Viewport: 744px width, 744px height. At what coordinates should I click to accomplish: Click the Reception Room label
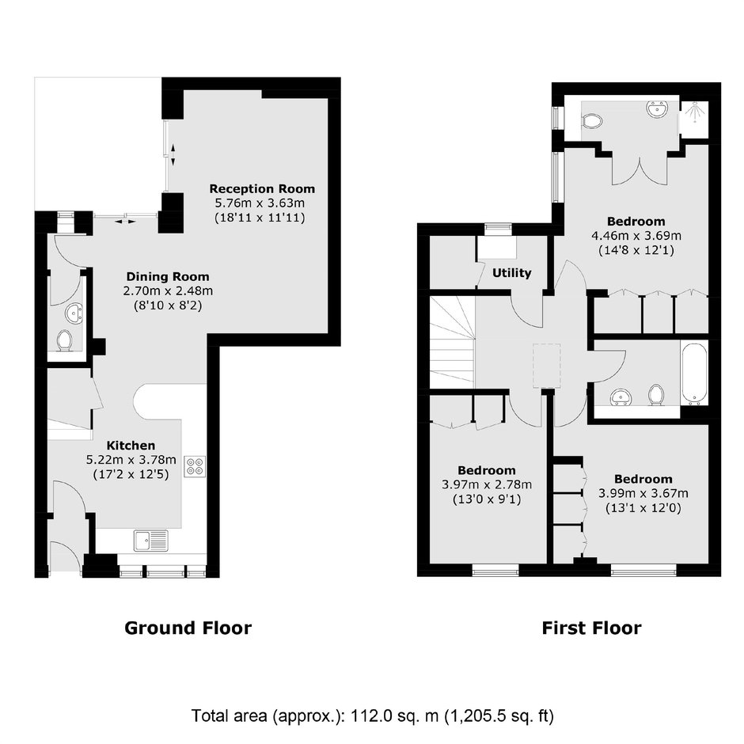[263, 189]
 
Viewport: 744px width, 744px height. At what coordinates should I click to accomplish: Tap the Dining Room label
[168, 277]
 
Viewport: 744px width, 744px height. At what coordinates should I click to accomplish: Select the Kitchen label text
[131, 446]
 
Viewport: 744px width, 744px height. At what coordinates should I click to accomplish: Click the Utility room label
[511, 273]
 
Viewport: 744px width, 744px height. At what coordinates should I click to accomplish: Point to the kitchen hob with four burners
[195, 465]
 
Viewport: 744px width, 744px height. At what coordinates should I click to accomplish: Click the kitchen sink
[151, 541]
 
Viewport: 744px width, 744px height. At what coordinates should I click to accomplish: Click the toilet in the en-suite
[592, 120]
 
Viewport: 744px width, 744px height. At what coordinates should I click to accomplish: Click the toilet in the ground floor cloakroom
[65, 340]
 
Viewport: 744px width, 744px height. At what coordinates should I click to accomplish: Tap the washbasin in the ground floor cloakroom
[74, 313]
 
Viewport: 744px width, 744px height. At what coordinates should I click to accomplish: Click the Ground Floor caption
[188, 628]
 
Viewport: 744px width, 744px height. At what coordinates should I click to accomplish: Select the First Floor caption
[592, 628]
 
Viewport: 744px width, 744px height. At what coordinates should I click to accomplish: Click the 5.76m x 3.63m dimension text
[260, 203]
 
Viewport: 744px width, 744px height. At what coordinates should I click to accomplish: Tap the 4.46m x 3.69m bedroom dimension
[636, 235]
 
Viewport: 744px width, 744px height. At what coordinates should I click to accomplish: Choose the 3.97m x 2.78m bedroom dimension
[487, 484]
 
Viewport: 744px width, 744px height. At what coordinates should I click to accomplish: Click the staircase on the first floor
[452, 340]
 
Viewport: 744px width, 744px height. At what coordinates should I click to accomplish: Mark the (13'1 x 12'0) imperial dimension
[643, 508]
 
